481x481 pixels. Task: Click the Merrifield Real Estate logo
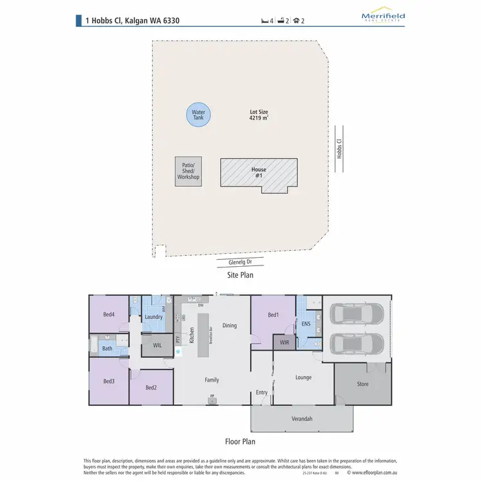(x=383, y=17)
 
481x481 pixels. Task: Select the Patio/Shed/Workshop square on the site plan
(x=189, y=172)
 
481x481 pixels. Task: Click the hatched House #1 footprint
(x=258, y=173)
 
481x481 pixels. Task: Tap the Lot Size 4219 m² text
(x=258, y=115)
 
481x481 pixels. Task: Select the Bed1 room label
(x=273, y=315)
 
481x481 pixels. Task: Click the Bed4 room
(x=109, y=314)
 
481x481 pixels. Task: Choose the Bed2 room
(x=151, y=387)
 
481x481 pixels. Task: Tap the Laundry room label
(x=154, y=317)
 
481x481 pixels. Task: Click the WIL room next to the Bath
(x=157, y=346)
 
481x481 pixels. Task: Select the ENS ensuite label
(x=306, y=324)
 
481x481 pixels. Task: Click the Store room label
(x=362, y=384)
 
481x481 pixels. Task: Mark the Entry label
(x=262, y=392)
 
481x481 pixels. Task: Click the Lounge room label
(x=303, y=377)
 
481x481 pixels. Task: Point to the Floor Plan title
(x=240, y=441)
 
